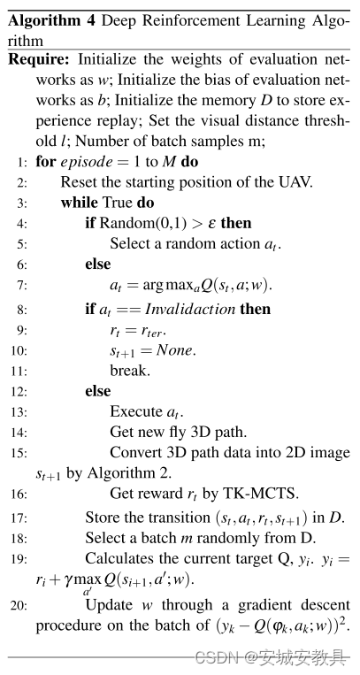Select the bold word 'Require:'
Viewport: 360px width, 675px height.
click(x=41, y=59)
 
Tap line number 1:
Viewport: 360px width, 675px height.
click(x=22, y=163)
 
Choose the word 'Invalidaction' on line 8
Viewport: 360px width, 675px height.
click(x=190, y=309)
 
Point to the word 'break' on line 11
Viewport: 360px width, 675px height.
click(x=128, y=370)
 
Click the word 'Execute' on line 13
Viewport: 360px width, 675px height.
click(x=135, y=411)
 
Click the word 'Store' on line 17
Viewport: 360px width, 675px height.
click(x=101, y=517)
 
